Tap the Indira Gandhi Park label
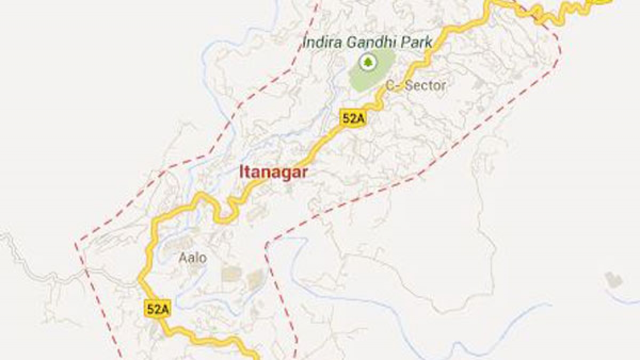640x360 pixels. pyautogui.click(x=367, y=42)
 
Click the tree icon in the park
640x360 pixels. pyautogui.click(x=367, y=63)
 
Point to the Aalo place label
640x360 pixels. pyautogui.click(x=192, y=258)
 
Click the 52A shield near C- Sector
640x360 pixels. pyautogui.click(x=353, y=119)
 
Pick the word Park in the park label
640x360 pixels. pyautogui.click(x=418, y=42)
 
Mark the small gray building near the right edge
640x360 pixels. pyautogui.click(x=613, y=280)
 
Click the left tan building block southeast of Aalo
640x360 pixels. pyautogui.click(x=230, y=274)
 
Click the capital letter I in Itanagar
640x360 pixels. pyautogui.click(x=242, y=173)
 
